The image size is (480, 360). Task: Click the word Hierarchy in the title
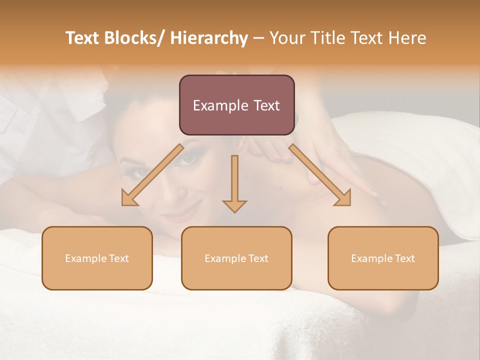209,38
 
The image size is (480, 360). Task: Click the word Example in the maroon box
220,105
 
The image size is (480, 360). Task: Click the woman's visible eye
188,158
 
